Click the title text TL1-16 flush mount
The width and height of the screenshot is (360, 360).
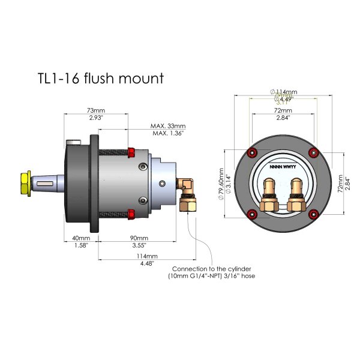click(99, 79)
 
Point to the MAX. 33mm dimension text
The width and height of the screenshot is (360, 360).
click(169, 126)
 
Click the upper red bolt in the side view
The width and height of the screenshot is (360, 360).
click(131, 152)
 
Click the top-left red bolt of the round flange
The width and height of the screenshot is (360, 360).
click(251, 150)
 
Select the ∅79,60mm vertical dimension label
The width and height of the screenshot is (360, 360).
click(221, 184)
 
